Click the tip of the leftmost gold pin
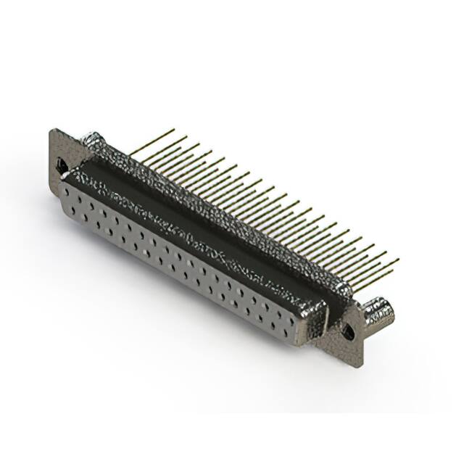click(x=174, y=130)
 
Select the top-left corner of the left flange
click(x=52, y=130)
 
